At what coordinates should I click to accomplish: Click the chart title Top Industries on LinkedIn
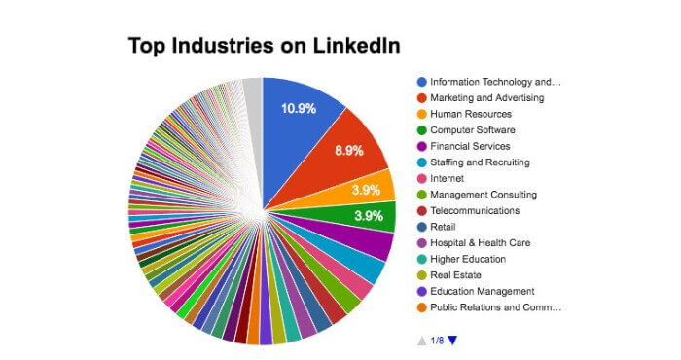click(x=265, y=45)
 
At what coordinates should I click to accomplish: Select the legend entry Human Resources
click(x=471, y=113)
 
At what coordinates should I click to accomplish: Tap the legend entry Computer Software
click(x=474, y=129)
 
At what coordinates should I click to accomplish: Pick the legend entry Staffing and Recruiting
click(x=480, y=162)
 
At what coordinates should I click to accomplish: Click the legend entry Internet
click(x=448, y=178)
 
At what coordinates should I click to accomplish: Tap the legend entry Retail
click(x=443, y=227)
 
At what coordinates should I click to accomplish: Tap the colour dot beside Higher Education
click(x=421, y=259)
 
